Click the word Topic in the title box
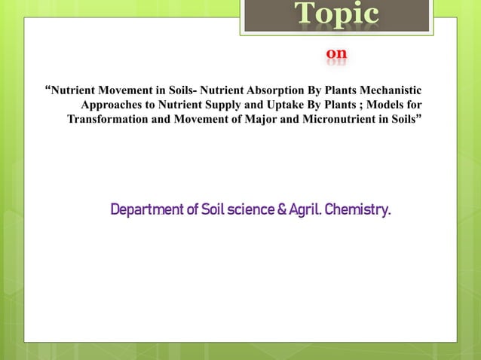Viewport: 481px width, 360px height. tap(336, 15)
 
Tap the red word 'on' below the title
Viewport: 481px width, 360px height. tap(336, 54)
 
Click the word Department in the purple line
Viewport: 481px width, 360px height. tap(147, 209)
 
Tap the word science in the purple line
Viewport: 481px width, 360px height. tap(244, 209)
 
